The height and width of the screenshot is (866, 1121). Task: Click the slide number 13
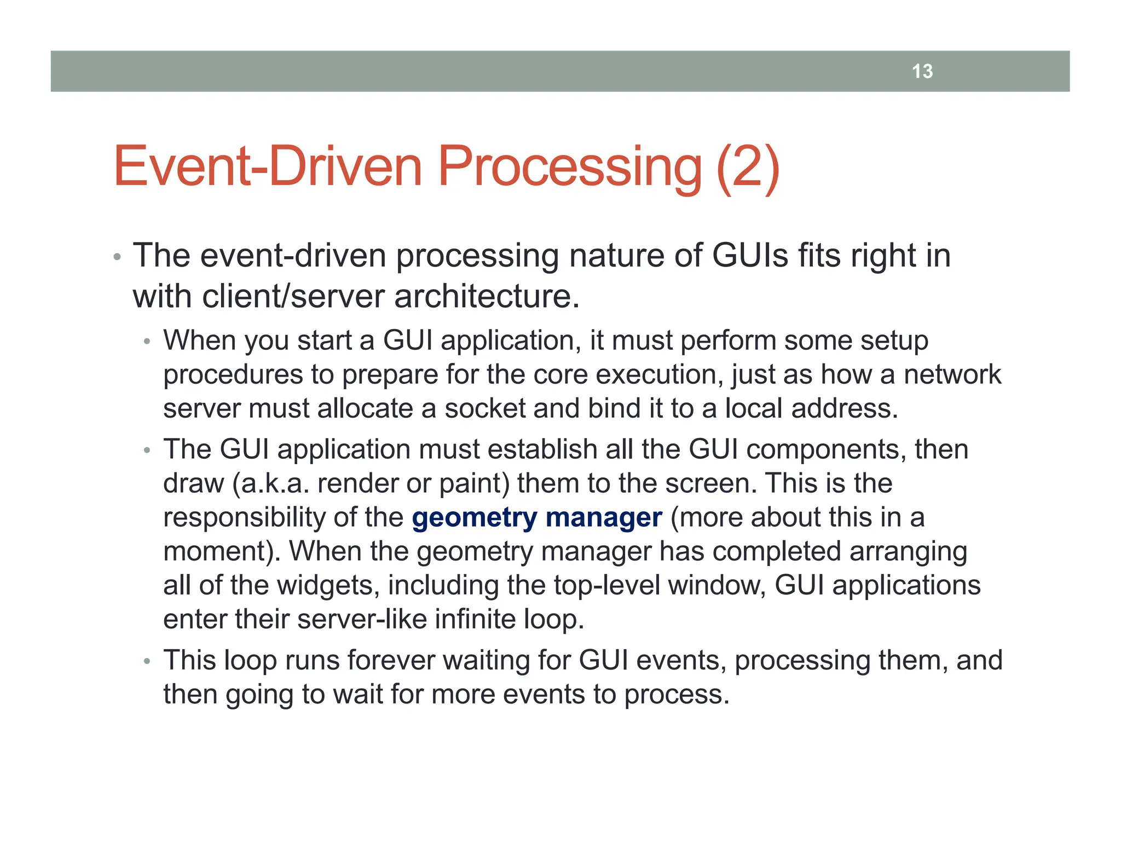(922, 71)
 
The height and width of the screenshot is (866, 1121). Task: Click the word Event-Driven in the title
(267, 166)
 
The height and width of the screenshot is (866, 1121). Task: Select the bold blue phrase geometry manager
(536, 517)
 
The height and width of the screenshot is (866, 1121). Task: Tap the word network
(952, 374)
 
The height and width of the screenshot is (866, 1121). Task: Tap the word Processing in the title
(569, 166)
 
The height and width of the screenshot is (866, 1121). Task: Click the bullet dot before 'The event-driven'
(116, 257)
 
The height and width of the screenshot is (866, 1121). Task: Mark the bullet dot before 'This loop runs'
(146, 662)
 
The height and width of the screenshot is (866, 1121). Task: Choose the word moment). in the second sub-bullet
(222, 551)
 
